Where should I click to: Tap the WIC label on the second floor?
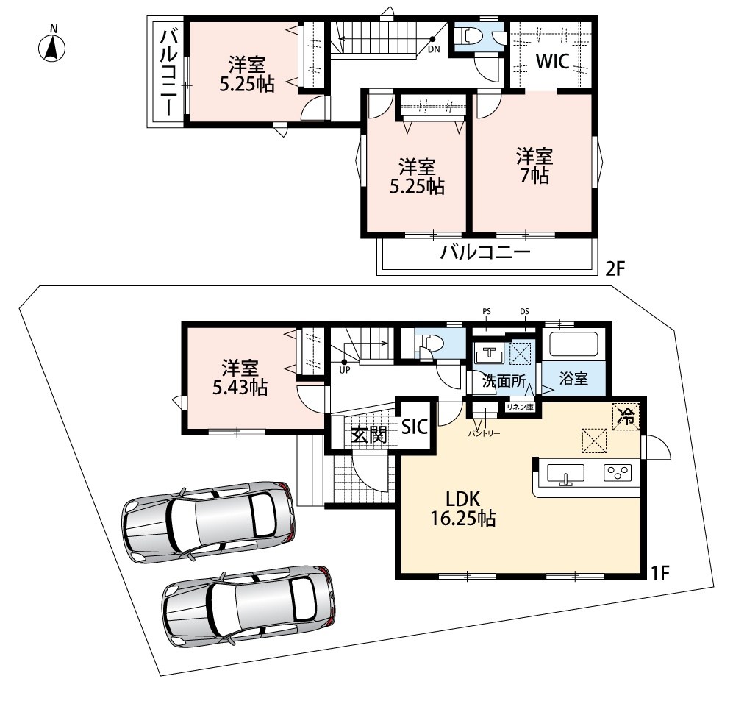coord(552,61)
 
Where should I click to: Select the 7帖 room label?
coord(534,166)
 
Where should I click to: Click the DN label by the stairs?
coord(434,49)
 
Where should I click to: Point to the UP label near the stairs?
coord(345,370)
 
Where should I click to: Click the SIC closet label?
coord(415,426)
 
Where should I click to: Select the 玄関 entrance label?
coord(369,435)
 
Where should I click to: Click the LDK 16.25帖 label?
coord(462,509)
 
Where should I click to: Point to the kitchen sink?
coord(565,473)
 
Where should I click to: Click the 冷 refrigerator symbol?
coord(626,416)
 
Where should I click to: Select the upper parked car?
coord(209,520)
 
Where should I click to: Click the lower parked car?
coord(248,608)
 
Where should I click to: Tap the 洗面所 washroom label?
coord(504,381)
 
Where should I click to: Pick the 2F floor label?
coord(615,269)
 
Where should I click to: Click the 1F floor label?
coord(660,573)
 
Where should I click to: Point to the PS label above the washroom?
coord(487,311)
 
